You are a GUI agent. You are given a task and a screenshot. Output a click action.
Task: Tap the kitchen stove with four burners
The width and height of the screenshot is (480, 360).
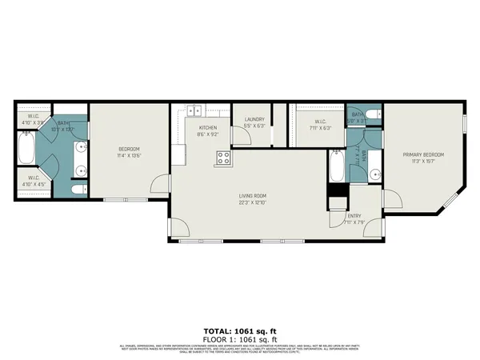click(222, 158)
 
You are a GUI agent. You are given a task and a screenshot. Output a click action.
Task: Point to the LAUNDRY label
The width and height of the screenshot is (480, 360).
click(254, 119)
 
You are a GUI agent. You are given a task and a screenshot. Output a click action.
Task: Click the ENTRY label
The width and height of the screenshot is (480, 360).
click(354, 215)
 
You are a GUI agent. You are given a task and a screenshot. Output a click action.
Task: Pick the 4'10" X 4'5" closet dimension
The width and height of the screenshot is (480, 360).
click(33, 184)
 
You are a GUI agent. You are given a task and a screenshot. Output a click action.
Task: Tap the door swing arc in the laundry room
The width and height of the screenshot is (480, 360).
click(239, 142)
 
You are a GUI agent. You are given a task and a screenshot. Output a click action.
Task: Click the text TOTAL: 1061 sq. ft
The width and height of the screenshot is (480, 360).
click(239, 330)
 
